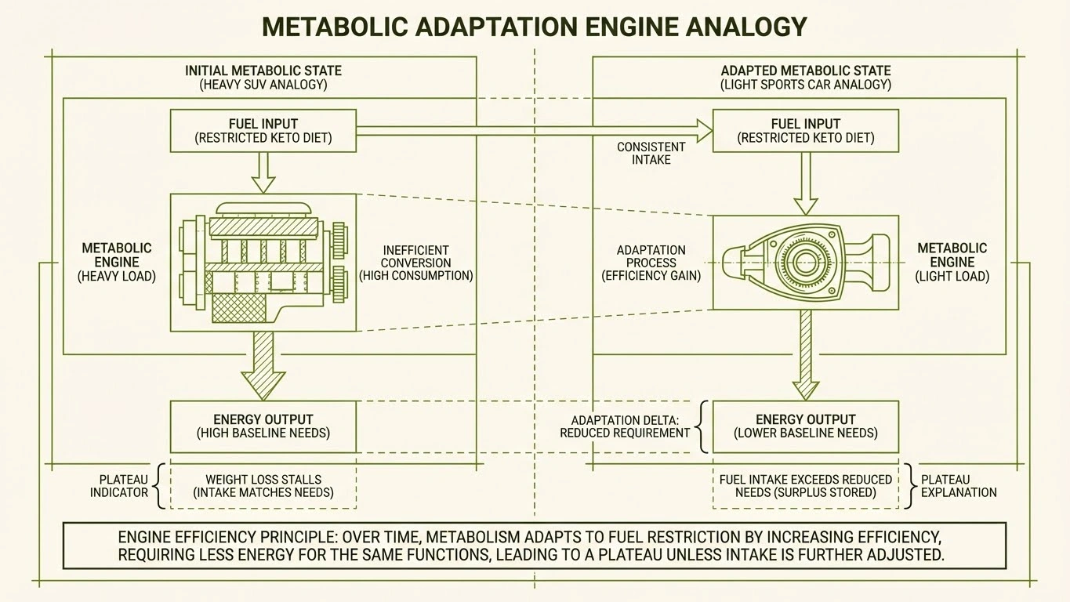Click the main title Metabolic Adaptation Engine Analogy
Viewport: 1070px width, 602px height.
(534, 27)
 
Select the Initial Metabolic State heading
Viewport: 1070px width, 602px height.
(263, 77)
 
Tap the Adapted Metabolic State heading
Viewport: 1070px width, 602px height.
(806, 77)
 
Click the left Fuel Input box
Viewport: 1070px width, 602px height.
(263, 131)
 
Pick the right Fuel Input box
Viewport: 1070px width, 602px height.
(806, 131)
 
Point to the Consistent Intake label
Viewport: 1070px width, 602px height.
(651, 153)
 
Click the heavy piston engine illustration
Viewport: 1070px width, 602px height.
(263, 263)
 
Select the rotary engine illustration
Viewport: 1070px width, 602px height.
(806, 262)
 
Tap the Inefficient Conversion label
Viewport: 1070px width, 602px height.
(416, 263)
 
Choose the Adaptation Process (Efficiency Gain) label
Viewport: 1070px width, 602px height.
(651, 263)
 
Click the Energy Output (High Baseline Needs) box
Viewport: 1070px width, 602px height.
(263, 426)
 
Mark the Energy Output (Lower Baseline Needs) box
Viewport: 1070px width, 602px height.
(806, 426)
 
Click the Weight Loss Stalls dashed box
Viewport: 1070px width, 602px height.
(263, 486)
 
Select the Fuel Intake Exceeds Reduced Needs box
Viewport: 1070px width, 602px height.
(806, 486)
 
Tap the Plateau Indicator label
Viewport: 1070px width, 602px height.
(118, 486)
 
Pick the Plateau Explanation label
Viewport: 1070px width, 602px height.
(959, 486)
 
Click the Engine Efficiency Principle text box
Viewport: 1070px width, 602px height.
(534, 546)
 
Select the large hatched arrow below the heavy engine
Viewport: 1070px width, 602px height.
(263, 365)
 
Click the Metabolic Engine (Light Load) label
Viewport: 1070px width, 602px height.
(952, 263)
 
